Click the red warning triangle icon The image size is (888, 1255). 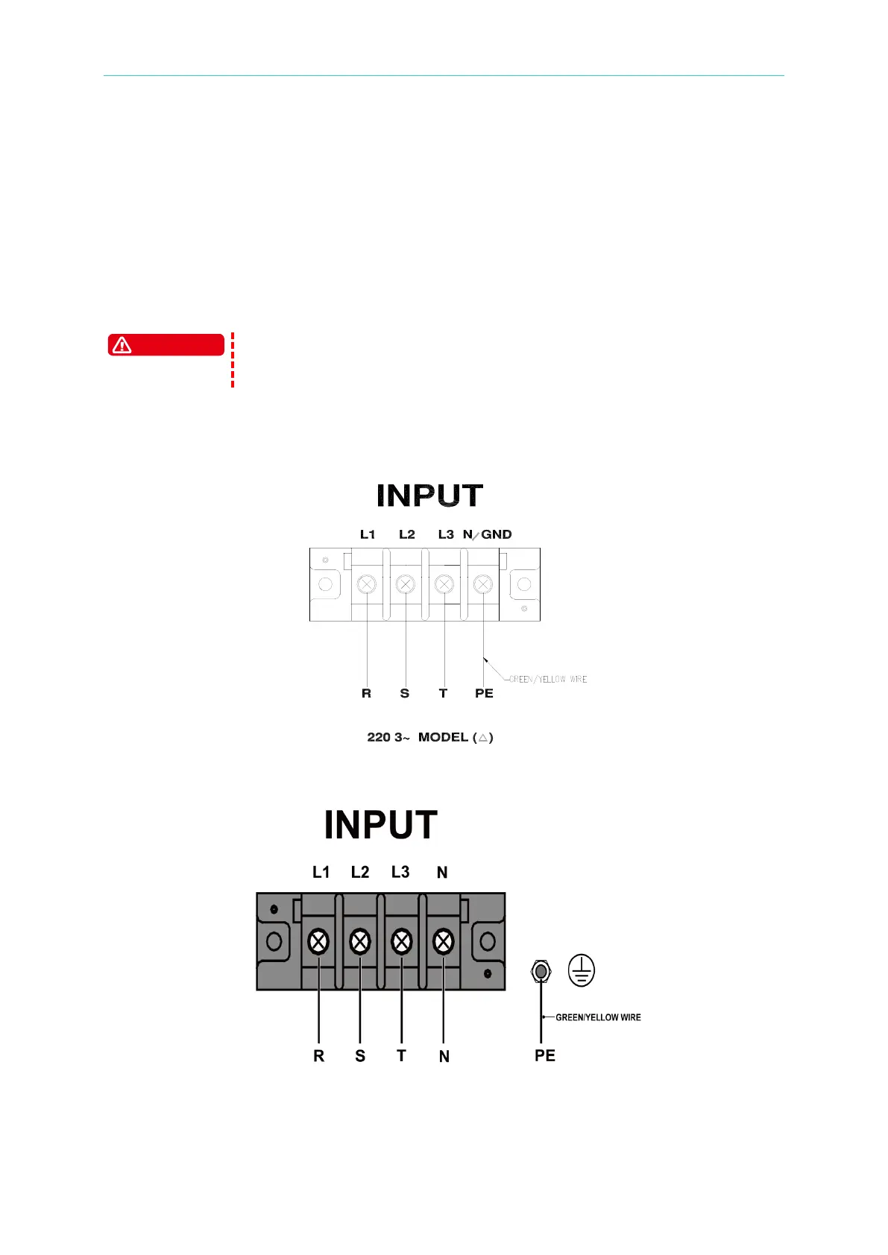coord(122,345)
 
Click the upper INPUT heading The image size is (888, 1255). coord(429,496)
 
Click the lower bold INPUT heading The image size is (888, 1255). coord(380,825)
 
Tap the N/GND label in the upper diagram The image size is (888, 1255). coord(487,534)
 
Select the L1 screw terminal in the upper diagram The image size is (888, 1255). coord(366,584)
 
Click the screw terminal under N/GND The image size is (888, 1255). coord(483,584)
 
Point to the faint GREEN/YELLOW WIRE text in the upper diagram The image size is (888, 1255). coord(547,679)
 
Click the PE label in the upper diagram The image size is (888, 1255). coord(484,693)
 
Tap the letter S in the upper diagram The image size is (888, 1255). coord(405,693)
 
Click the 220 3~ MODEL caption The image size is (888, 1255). coord(429,737)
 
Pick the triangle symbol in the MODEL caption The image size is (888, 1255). coord(483,737)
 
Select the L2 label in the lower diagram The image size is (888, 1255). coord(360,872)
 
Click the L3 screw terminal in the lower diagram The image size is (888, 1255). coord(402,941)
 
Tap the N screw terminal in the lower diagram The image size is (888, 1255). coord(444,941)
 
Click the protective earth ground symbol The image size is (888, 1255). coord(582,970)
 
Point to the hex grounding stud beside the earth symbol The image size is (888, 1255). coord(541,972)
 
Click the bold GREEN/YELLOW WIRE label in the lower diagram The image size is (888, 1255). coord(598,1017)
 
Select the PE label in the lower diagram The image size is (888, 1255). coord(545,1055)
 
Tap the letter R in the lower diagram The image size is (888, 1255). coord(319,1056)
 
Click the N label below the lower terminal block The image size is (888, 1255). coord(444,1056)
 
